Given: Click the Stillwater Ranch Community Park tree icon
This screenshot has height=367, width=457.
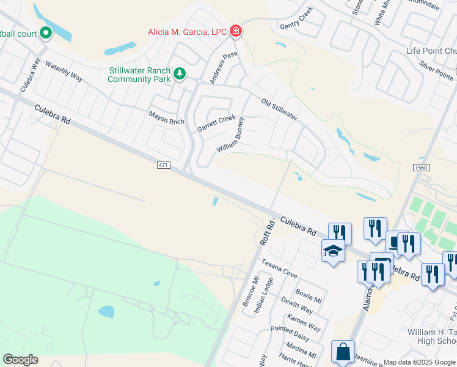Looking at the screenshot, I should [x=179, y=74].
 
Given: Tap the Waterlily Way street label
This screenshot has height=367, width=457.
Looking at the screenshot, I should [x=64, y=72].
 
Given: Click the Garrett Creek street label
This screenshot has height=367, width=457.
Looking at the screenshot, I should [x=216, y=123].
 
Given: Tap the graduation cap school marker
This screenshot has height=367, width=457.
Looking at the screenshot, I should [x=333, y=251].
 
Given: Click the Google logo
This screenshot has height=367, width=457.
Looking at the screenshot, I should [x=20, y=360].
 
